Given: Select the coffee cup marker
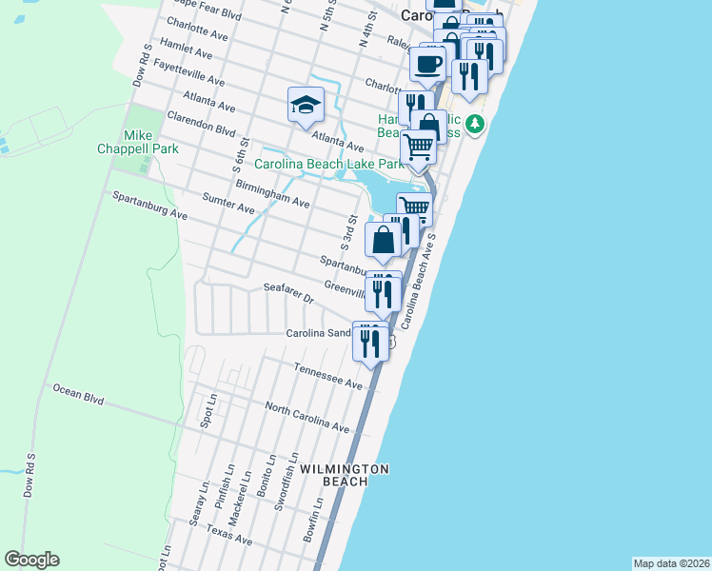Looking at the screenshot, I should point(427,64).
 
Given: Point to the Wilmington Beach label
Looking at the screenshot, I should point(345,475).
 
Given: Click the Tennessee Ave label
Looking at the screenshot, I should point(328,375).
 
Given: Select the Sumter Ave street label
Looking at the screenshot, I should point(228,202).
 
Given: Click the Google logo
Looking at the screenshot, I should point(31,560).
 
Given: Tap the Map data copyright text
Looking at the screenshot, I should point(671,563).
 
